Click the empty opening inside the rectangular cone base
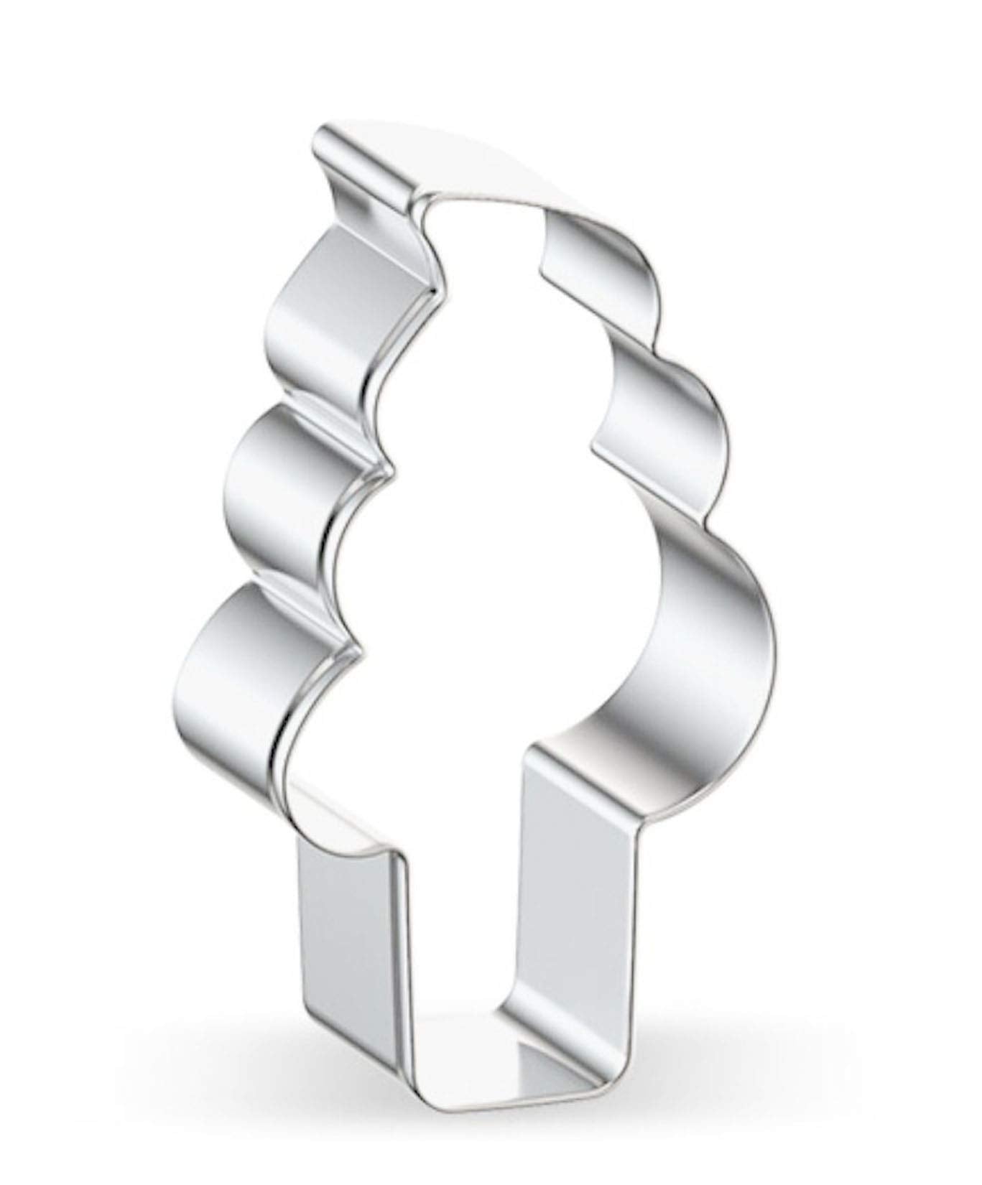[460, 934]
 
